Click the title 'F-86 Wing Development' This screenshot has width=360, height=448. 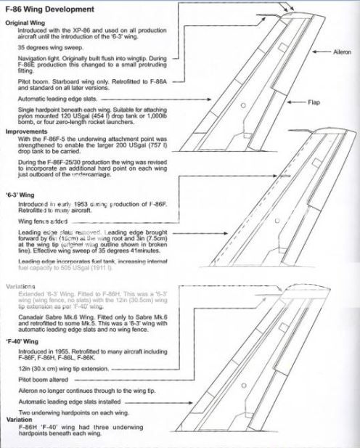tap(49, 9)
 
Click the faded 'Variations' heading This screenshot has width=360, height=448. tap(22, 287)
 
